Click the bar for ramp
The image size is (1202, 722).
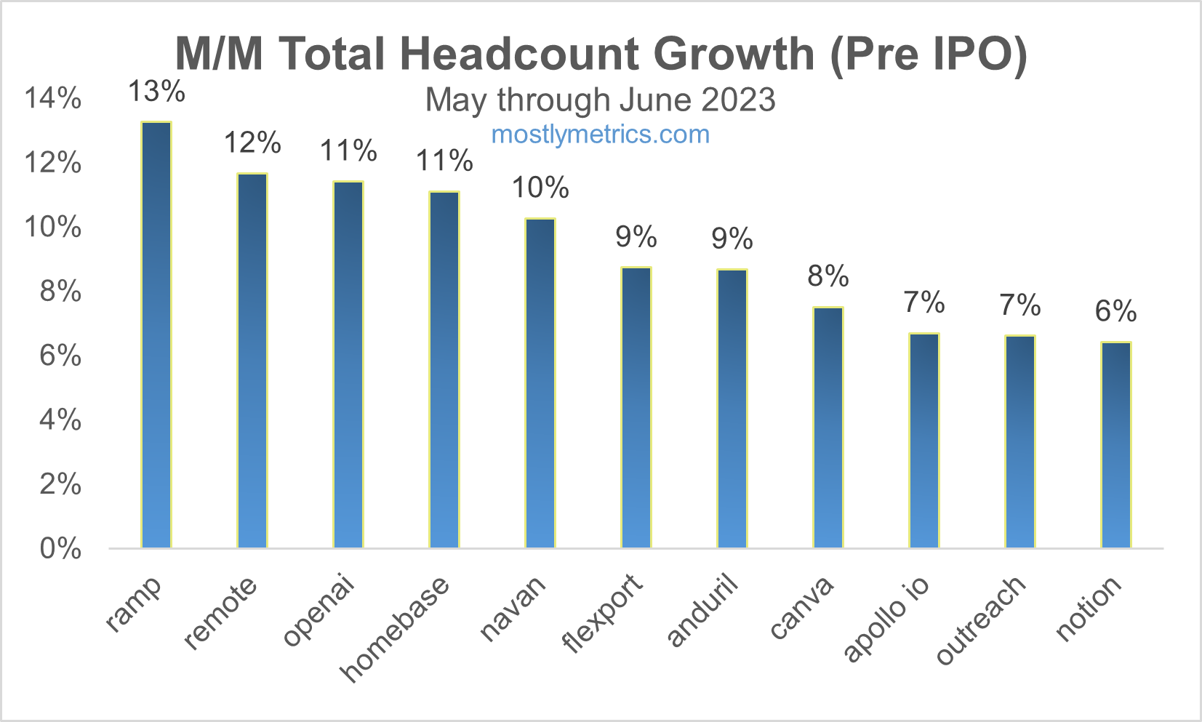[x=156, y=334]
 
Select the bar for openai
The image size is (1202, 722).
[x=348, y=364]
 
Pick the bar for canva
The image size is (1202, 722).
[x=828, y=428]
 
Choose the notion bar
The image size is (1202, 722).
[x=1116, y=445]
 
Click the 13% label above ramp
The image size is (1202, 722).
[x=156, y=92]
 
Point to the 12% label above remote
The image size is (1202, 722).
[x=252, y=143]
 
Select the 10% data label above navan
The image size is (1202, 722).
[x=540, y=188]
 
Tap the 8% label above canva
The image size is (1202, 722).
[x=828, y=276]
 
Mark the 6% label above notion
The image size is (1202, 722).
[x=1116, y=312]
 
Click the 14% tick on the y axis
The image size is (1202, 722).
[x=53, y=98]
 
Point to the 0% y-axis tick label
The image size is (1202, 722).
[x=60, y=549]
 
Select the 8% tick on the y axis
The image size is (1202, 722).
[x=60, y=292]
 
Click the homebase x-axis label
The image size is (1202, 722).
[x=396, y=629]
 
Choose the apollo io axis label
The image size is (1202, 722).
[x=886, y=618]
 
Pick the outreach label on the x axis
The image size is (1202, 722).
[x=981, y=619]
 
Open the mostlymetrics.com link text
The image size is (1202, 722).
[x=601, y=135]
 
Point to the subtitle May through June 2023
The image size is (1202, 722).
[x=601, y=100]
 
